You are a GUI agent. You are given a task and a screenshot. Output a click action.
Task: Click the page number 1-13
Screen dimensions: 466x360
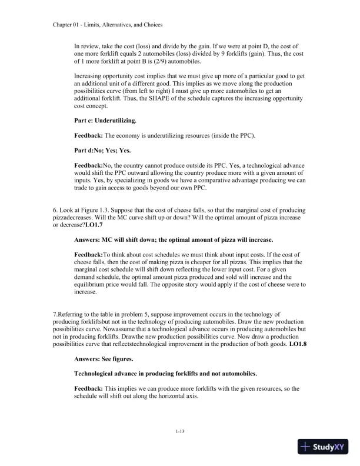180,432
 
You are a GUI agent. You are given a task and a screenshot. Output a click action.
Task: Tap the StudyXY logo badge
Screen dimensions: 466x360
324,447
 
